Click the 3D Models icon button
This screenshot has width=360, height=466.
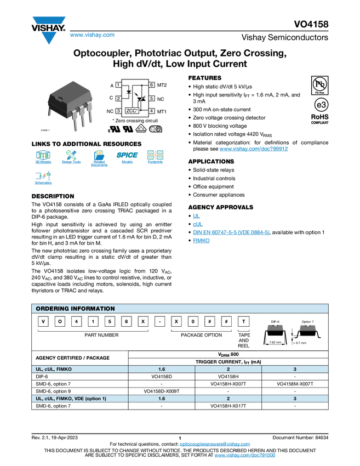43,158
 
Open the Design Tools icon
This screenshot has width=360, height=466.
71,158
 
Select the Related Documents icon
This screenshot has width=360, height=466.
99,158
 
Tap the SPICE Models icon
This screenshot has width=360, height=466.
127,158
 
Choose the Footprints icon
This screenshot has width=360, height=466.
155,158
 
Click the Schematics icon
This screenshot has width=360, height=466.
43,179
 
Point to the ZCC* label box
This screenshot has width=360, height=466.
132,110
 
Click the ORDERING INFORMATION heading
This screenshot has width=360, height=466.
76,309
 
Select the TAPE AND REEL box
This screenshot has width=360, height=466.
244,340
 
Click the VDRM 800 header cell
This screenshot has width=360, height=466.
228,354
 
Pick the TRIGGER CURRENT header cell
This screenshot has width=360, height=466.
228,362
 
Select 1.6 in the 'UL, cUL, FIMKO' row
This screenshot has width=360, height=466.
162,369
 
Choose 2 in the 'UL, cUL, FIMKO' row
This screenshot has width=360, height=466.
228,369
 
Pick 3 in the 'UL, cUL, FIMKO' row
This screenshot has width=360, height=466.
295,369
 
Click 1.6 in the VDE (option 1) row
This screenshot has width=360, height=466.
162,399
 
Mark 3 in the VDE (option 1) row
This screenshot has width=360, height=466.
295,399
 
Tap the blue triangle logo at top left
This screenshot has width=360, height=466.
49,38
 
